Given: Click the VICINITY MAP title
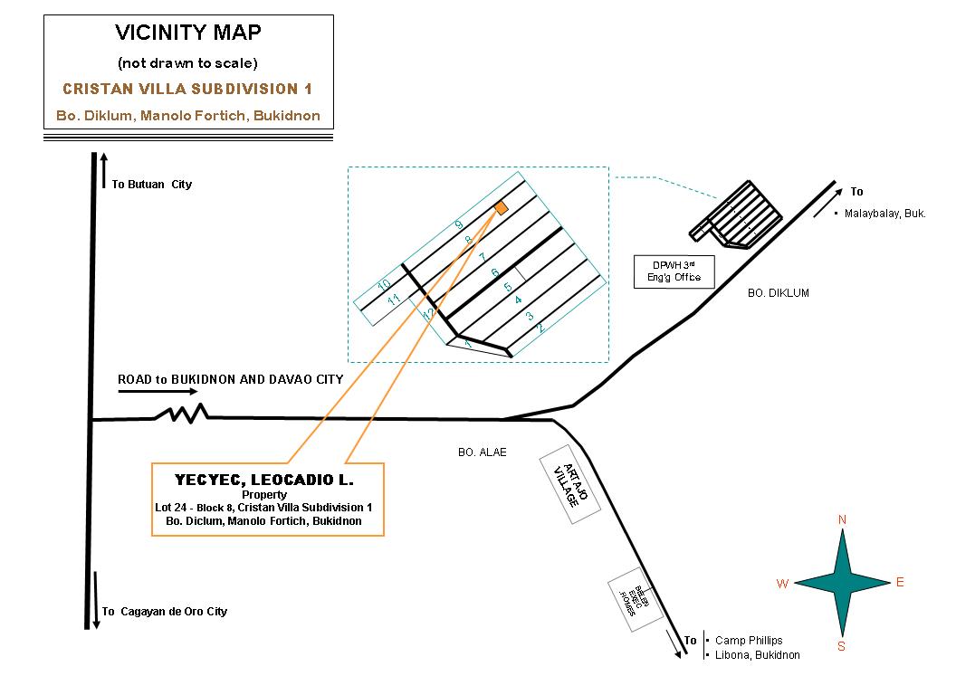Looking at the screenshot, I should pyautogui.click(x=188, y=33).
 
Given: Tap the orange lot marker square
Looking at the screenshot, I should pyautogui.click(x=501, y=208).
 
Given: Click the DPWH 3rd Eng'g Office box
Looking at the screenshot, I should pyautogui.click(x=674, y=271).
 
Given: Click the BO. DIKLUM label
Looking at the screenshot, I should pyautogui.click(x=778, y=293).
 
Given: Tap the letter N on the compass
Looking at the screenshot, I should pyautogui.click(x=842, y=519).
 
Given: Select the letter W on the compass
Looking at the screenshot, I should pyautogui.click(x=782, y=585).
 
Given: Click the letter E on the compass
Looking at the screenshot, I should pyautogui.click(x=900, y=583).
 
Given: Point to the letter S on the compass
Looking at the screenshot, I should pyautogui.click(x=841, y=646).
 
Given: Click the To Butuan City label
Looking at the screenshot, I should pyautogui.click(x=152, y=185).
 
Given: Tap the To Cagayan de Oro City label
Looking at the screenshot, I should pyautogui.click(x=164, y=612).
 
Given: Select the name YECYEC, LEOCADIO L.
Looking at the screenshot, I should pyautogui.click(x=264, y=479).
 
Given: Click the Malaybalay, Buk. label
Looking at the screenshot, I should pyautogui.click(x=884, y=214).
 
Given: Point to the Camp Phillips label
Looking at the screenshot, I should pyautogui.click(x=749, y=641).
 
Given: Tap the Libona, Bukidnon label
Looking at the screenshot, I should pyautogui.click(x=757, y=655).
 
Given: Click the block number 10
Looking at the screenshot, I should pyautogui.click(x=383, y=285).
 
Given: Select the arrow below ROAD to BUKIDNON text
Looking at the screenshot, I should pyautogui.click(x=158, y=393).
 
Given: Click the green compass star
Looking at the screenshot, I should pyautogui.click(x=842, y=583).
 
